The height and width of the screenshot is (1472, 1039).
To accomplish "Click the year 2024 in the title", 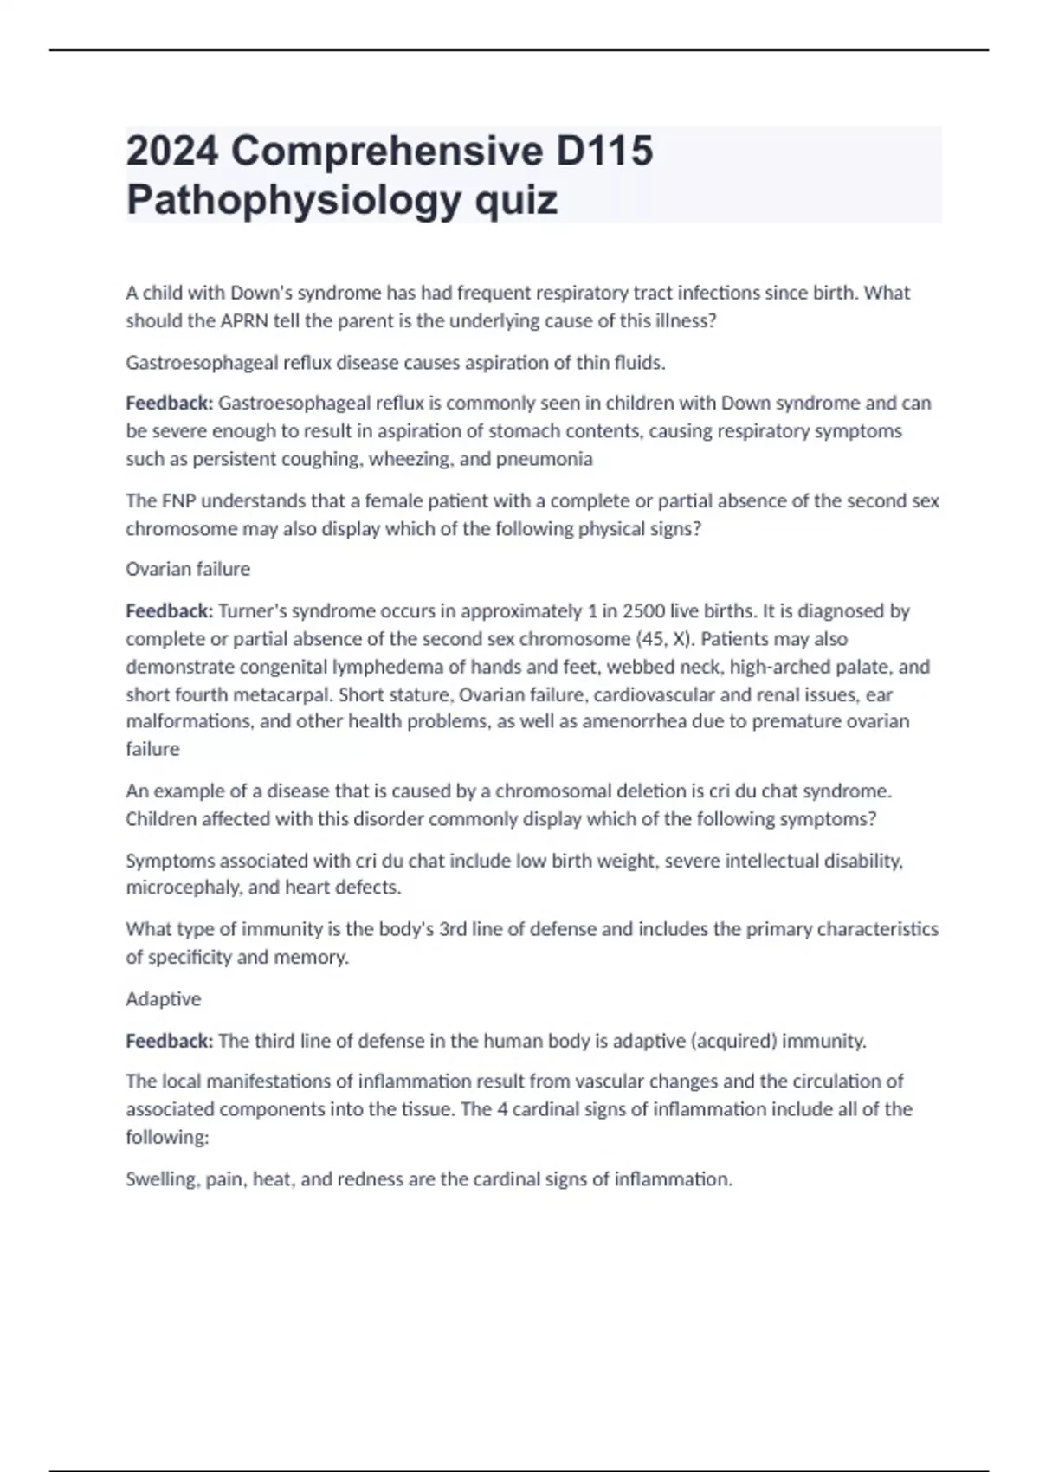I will point(171,152).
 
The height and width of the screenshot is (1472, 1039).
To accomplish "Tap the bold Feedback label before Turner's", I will point(169,611).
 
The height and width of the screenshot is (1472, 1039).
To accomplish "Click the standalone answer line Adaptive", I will point(163,999).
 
